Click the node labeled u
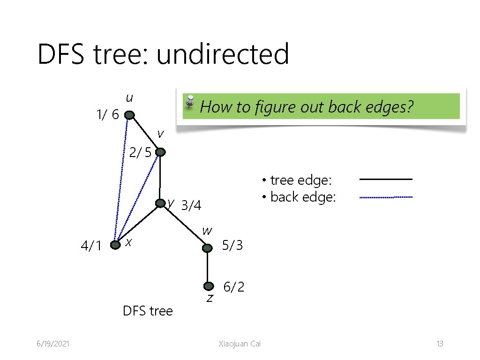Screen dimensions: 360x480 tap(129, 115)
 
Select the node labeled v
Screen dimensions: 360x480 tap(160, 152)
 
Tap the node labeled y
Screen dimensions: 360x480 tap(160, 203)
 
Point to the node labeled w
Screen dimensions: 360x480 tap(207, 247)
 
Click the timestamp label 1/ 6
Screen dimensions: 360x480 tap(107, 114)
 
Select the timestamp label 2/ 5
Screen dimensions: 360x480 tap(140, 152)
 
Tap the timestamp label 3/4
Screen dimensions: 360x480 tap(191, 205)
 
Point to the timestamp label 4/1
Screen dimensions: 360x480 tap(91, 246)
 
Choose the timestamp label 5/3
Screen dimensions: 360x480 tap(232, 245)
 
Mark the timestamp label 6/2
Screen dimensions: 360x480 tap(234, 287)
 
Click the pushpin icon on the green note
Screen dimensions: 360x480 tap(190, 102)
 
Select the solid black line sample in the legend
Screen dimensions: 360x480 tap(386, 179)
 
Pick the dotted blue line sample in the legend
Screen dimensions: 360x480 tap(386, 197)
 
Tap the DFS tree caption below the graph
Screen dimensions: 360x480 tap(148, 311)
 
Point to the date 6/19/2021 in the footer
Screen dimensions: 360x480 tap(53, 344)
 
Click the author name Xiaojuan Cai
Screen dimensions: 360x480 tap(240, 344)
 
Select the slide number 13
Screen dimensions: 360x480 tap(440, 344)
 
